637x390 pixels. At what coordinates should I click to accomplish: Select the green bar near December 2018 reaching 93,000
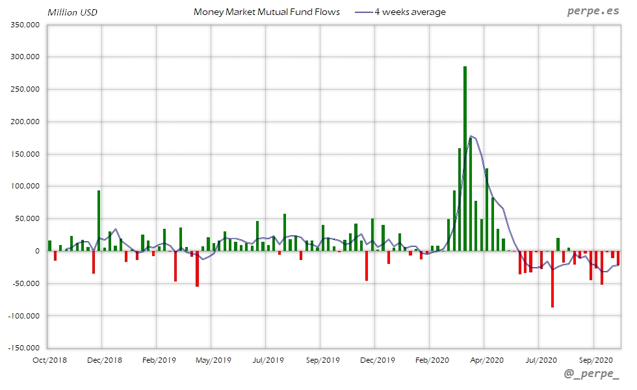tap(99, 221)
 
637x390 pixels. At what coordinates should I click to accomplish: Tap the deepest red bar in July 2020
tap(552, 279)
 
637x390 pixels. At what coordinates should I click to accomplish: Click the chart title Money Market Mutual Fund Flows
tap(266, 12)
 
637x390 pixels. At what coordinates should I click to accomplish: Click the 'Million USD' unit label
tap(70, 12)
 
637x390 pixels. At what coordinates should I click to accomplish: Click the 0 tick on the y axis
tap(37, 251)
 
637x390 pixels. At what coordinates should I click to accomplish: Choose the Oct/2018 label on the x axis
tap(49, 359)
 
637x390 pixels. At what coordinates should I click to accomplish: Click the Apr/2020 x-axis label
tap(486, 359)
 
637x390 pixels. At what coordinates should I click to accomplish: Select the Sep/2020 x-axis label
tap(595, 359)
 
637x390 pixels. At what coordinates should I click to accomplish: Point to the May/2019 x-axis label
tap(213, 359)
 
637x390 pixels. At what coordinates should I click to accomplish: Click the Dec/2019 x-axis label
tap(377, 359)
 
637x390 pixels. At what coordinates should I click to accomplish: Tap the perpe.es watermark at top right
tap(592, 12)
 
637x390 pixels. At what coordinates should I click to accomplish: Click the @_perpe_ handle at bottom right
tap(591, 375)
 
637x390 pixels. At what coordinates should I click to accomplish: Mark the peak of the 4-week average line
tap(471, 136)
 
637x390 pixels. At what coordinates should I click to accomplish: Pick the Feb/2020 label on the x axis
tap(432, 359)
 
